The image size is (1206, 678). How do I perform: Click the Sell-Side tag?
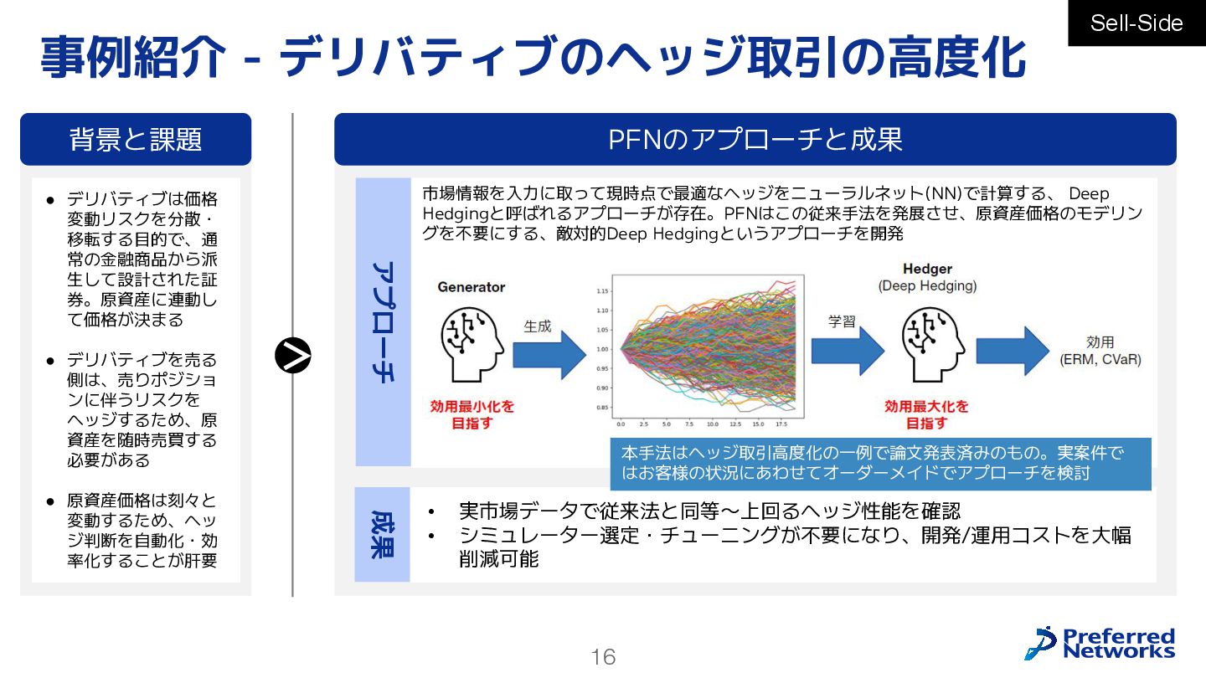point(1136,23)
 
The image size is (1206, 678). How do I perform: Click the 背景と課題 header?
point(136,139)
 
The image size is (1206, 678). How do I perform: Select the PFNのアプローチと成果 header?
point(755,139)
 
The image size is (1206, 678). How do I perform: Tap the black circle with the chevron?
point(293,357)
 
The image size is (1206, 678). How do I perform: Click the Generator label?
point(472,287)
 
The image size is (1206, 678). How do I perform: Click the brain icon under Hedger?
point(927,340)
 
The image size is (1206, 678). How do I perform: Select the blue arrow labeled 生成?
point(549,351)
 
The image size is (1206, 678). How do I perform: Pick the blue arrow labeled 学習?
point(848,348)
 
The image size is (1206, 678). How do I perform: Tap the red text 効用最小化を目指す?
point(472,414)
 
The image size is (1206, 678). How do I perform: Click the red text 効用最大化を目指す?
point(926,414)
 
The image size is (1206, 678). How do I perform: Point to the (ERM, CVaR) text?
point(1100,360)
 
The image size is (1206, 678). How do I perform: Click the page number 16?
point(603,657)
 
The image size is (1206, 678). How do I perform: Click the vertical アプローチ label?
point(383,322)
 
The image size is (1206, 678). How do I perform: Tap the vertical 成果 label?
point(383,534)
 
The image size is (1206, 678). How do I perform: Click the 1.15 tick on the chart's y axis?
point(603,291)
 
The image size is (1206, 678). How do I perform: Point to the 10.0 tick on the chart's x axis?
point(712,424)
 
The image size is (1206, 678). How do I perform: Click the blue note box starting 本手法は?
point(880,463)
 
